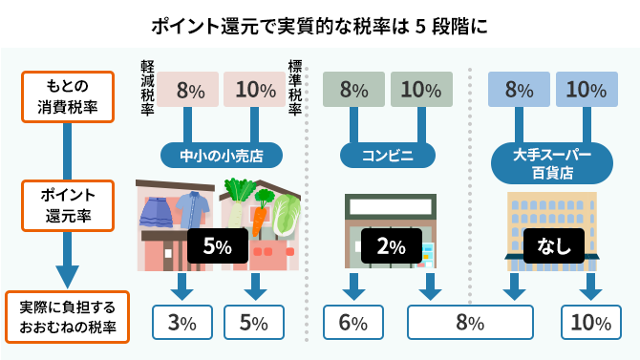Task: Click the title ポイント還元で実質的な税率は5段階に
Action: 320,23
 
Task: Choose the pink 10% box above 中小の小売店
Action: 254,91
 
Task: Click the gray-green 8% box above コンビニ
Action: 352,91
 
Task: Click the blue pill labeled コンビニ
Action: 388,155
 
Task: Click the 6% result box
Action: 352,322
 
